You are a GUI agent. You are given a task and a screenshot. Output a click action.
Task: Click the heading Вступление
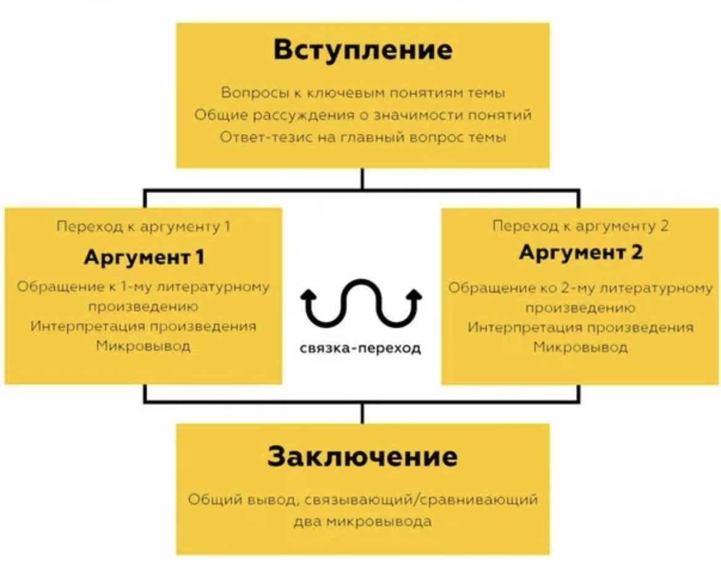coord(363,51)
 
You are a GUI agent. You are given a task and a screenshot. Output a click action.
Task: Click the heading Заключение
coord(362,456)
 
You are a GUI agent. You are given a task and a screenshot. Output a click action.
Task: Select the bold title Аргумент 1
coord(144,258)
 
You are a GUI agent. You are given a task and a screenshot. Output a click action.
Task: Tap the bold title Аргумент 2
coord(580,253)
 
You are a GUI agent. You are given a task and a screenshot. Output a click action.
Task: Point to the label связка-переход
coord(360,348)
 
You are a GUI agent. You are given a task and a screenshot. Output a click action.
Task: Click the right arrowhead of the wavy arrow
coord(414,295)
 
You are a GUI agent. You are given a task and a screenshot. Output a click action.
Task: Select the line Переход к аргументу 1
coord(144,227)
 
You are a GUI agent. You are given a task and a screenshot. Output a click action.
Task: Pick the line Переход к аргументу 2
coord(580,226)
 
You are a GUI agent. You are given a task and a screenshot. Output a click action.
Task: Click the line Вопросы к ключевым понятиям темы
coord(363,92)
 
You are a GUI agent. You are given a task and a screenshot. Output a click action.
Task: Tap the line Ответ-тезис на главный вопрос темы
coord(363,137)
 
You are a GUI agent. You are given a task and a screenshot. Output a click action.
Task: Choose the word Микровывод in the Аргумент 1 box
coord(144,346)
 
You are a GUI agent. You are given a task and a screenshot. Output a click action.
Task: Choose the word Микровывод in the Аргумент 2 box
coord(580,347)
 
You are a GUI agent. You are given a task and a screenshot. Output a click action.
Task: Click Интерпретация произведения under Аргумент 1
coord(144,326)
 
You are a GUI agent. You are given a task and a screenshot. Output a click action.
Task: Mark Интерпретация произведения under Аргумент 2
coord(580,327)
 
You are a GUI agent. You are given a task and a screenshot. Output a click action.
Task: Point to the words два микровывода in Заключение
coord(362,522)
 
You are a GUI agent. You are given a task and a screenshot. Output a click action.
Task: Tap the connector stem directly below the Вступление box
coord(362,178)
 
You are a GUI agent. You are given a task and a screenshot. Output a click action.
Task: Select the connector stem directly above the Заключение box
coord(362,414)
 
